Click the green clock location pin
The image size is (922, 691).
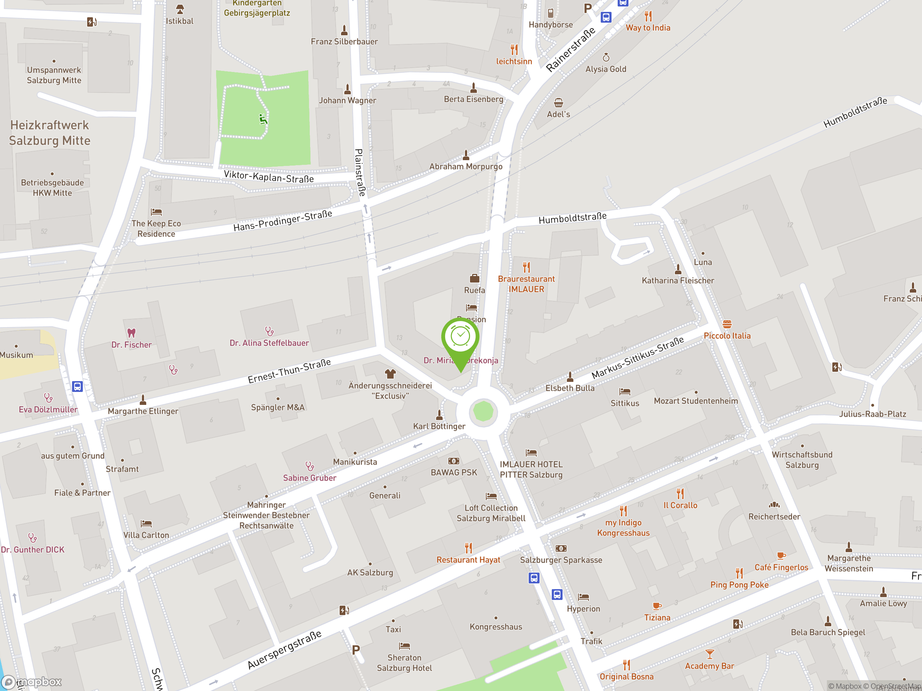(x=460, y=337)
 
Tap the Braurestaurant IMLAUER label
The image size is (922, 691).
(x=526, y=284)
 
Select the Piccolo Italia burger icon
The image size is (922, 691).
(x=727, y=324)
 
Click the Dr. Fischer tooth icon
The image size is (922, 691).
(x=131, y=333)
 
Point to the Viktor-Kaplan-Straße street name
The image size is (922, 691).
(x=269, y=177)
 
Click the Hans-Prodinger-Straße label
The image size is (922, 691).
(x=283, y=221)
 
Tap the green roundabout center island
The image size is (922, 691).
(x=483, y=411)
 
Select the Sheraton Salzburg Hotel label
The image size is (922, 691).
(x=404, y=663)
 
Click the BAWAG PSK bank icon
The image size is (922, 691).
(x=453, y=461)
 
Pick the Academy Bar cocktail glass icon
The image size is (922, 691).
(x=710, y=654)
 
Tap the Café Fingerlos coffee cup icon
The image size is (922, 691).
(x=781, y=555)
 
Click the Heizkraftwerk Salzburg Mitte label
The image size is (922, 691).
(x=50, y=133)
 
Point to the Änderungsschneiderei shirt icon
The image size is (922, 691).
(x=390, y=374)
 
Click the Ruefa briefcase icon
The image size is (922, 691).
(x=474, y=278)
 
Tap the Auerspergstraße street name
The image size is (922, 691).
(x=285, y=650)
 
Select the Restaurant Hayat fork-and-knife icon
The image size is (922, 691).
(x=469, y=548)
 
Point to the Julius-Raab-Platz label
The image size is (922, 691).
(x=872, y=414)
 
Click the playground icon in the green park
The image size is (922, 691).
(x=263, y=119)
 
